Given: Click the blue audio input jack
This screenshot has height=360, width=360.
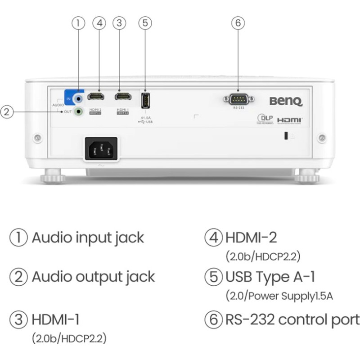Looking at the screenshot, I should tap(79, 97).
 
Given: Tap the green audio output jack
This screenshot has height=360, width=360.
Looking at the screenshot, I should tap(79, 111).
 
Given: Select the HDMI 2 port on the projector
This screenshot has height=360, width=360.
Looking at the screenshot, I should tap(95, 96).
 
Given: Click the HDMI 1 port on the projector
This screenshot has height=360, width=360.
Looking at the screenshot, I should tap(123, 96).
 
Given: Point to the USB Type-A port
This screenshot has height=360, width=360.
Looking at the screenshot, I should tap(146, 100).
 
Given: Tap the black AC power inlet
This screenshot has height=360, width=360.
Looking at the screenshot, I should tap(101, 148).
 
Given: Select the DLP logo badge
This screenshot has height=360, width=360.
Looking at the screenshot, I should tap(265, 119).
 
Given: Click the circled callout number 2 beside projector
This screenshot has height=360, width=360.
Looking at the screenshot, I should tap(6, 111).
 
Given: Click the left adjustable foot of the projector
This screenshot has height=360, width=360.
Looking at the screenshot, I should tap(53, 175).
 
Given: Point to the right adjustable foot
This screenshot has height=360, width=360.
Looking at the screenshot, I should tap(307, 175).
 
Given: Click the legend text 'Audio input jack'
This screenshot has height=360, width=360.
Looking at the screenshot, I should tap(88, 237).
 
